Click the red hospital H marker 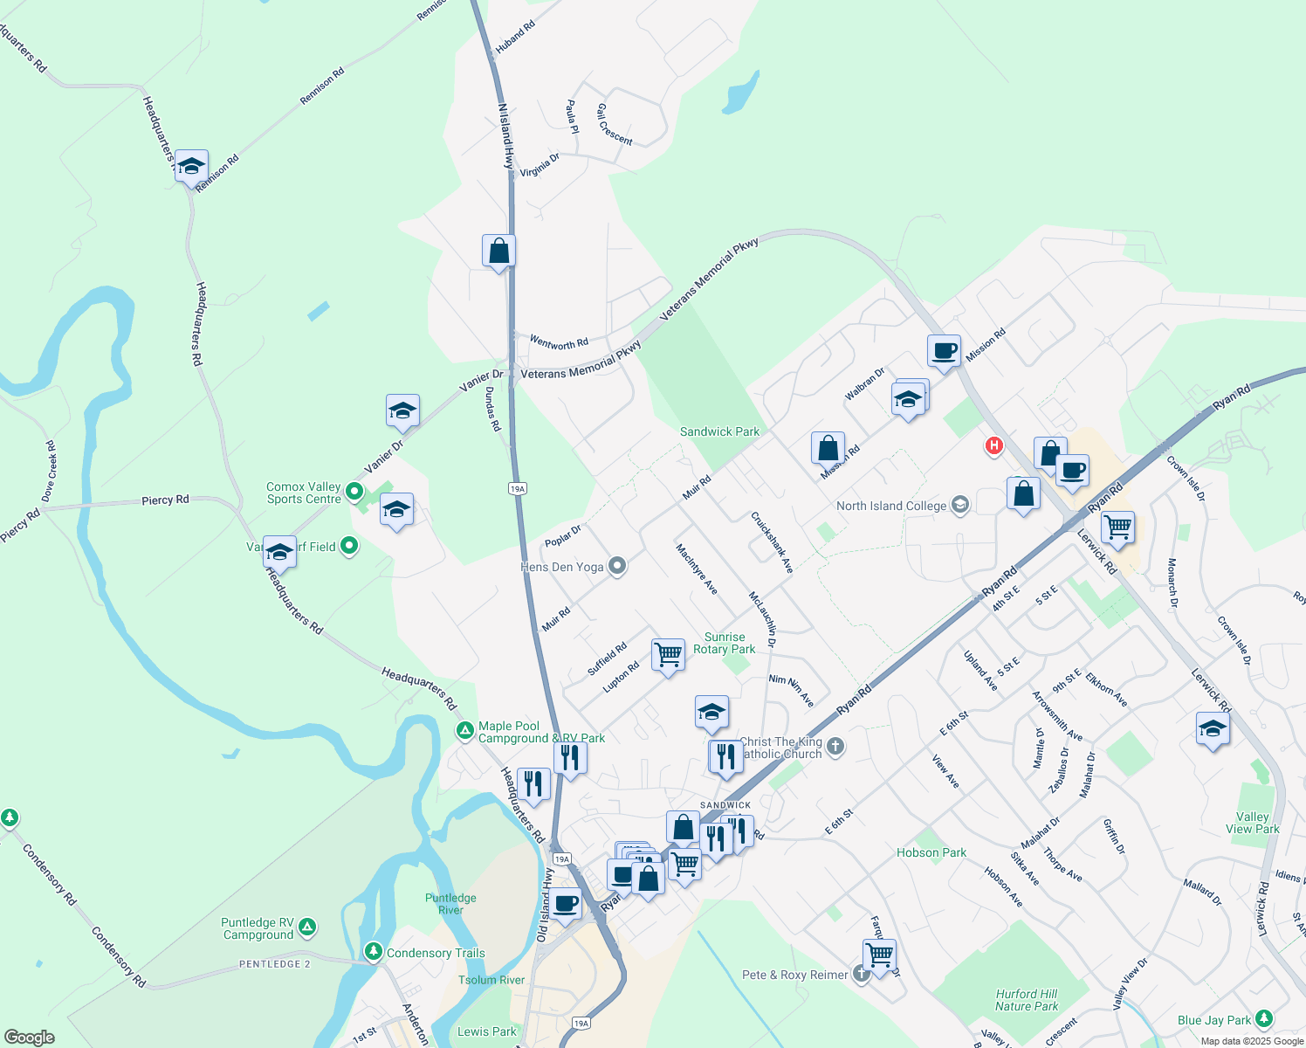point(993,446)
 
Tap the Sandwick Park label point(719,431)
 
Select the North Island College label point(891,507)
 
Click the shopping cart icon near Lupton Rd point(668,654)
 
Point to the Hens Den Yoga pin point(617,567)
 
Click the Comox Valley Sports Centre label point(304,493)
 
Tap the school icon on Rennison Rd point(191,167)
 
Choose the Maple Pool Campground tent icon point(466,730)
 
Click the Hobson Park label point(931,852)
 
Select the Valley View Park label point(1252,823)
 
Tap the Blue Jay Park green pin point(1263,1019)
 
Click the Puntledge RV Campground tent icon point(307,927)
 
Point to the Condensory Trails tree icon point(374,950)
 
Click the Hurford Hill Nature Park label point(1027,1000)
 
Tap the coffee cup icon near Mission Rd point(944,351)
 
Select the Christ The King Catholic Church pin point(835,746)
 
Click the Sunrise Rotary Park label point(725,643)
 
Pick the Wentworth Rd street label point(560,343)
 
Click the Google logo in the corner point(30,1037)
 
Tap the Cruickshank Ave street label point(773,542)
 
